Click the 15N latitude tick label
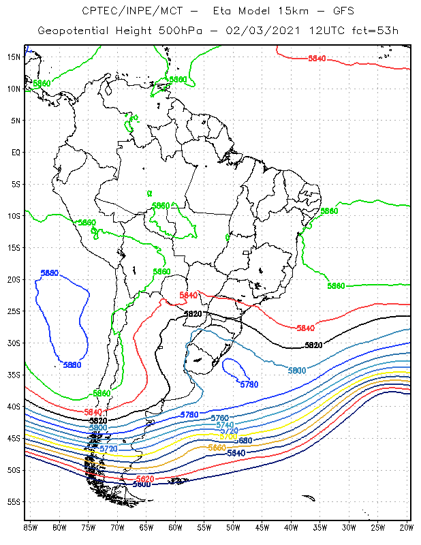13,57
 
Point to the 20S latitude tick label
13,279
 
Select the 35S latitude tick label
13,375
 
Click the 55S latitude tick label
13,501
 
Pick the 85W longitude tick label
30,527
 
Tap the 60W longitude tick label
175,527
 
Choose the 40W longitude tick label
291,527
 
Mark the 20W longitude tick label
407,527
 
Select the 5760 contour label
219,418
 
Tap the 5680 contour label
242,441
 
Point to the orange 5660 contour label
216,448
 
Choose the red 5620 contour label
145,479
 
